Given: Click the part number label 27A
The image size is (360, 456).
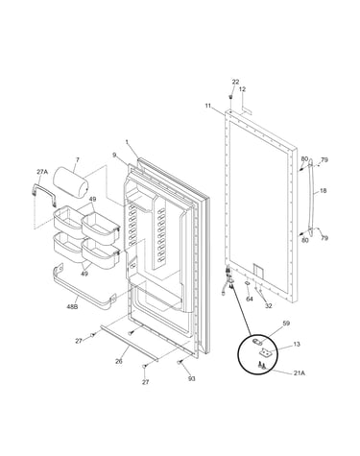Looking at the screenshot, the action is (42, 172).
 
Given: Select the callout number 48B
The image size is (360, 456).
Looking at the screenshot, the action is (72, 307).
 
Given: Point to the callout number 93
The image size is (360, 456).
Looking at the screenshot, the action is (192, 379).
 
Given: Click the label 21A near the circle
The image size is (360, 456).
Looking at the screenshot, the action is (299, 372).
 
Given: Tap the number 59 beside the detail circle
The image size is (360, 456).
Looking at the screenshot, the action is (286, 324).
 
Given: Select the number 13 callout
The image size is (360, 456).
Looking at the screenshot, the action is (297, 345).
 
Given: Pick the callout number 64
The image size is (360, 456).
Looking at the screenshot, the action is (250, 299).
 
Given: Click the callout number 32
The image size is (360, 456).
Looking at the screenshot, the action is (268, 305).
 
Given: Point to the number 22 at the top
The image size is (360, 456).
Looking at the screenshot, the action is (235, 83).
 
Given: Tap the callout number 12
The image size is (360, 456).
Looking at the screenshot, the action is (242, 89).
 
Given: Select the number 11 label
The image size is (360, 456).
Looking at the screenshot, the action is (208, 106).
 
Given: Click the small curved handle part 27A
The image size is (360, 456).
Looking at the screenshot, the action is (44, 192).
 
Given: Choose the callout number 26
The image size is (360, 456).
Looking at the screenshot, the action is (119, 362).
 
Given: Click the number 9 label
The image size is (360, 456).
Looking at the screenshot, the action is (114, 156).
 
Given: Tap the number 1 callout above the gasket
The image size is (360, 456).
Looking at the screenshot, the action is (127, 141).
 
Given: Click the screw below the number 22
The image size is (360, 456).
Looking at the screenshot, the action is (230, 97).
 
